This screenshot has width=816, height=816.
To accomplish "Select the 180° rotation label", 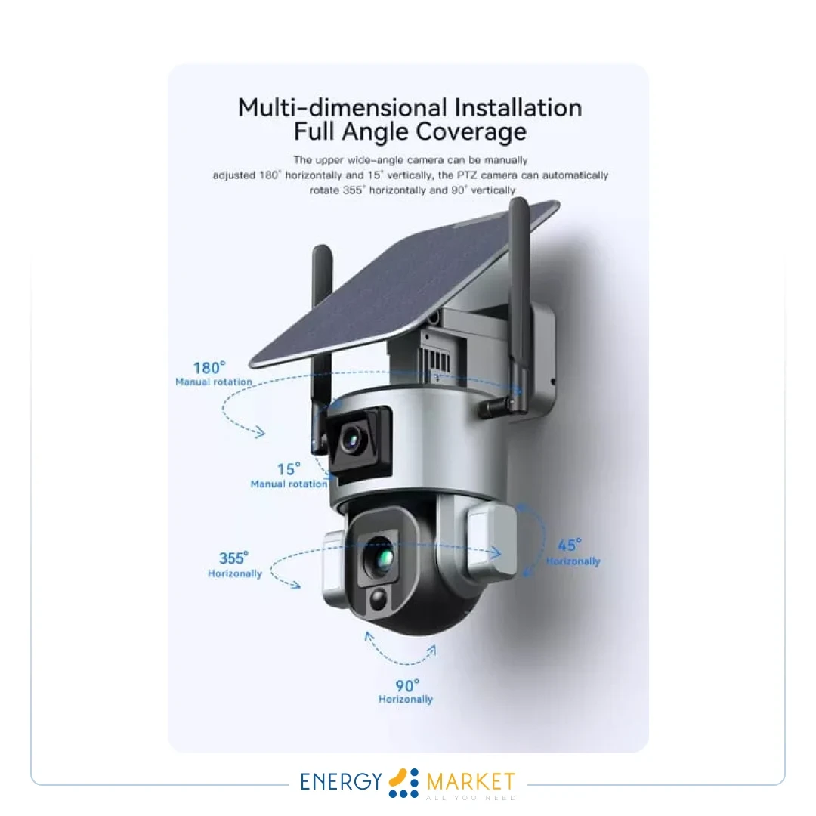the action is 209,368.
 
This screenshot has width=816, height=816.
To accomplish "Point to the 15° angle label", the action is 289,469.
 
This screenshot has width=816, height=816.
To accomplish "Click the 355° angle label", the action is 233,558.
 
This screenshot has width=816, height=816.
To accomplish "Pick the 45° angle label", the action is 570,545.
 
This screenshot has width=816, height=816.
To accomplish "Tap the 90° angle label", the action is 407,686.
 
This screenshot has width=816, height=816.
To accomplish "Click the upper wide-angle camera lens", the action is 352,440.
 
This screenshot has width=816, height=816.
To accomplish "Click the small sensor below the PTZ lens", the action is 379,599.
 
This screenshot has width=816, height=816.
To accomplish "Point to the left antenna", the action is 321,348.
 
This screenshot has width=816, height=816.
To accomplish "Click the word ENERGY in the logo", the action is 342,782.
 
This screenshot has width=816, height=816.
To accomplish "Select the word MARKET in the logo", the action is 471,781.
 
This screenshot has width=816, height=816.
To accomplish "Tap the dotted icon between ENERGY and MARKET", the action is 404,783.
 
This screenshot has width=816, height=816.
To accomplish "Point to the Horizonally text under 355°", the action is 235,573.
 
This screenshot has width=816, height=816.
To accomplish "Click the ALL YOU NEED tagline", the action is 471,798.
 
